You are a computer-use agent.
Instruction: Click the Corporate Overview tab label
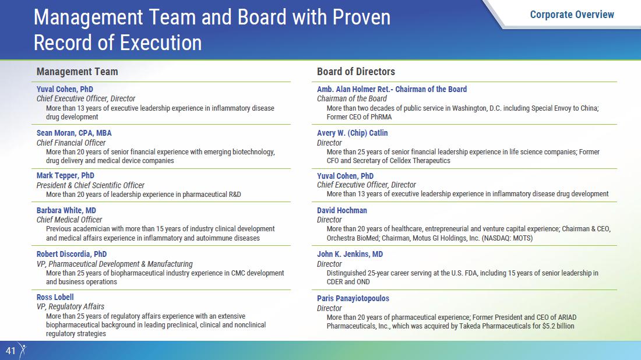pyautogui.click(x=572, y=15)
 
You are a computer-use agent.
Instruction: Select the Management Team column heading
pyautogui.click(x=78, y=72)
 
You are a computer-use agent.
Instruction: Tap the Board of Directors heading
pyautogui.click(x=356, y=72)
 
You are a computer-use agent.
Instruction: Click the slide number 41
pyautogui.click(x=10, y=351)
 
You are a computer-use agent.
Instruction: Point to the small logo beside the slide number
pyautogui.click(x=23, y=351)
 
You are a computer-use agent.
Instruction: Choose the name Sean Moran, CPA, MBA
pyautogui.click(x=74, y=133)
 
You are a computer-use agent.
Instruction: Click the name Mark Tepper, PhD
pyautogui.click(x=65, y=176)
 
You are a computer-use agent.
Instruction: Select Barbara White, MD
pyautogui.click(x=66, y=210)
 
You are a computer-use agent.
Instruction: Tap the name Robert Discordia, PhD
pyautogui.click(x=72, y=254)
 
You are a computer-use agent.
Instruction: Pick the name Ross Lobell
pyautogui.click(x=55, y=297)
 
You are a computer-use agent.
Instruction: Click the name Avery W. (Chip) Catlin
pyautogui.click(x=353, y=133)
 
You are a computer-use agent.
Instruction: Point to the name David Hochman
pyautogui.click(x=342, y=210)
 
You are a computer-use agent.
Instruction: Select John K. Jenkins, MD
pyautogui.click(x=350, y=254)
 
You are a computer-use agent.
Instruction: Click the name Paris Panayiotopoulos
pyautogui.click(x=353, y=298)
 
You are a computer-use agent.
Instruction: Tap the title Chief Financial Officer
pyautogui.click(x=71, y=143)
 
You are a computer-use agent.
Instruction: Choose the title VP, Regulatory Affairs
pyautogui.click(x=71, y=306)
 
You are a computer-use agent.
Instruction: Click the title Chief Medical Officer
pyautogui.click(x=69, y=220)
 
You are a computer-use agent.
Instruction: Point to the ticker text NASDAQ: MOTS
pyautogui.click(x=508, y=238)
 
